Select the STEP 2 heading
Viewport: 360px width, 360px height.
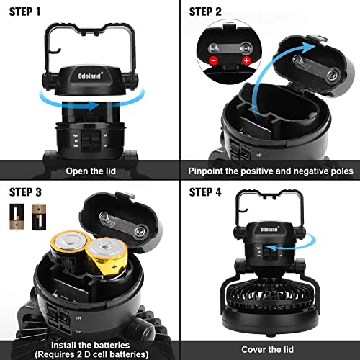click(210, 12)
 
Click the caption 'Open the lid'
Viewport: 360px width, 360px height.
click(89, 171)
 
